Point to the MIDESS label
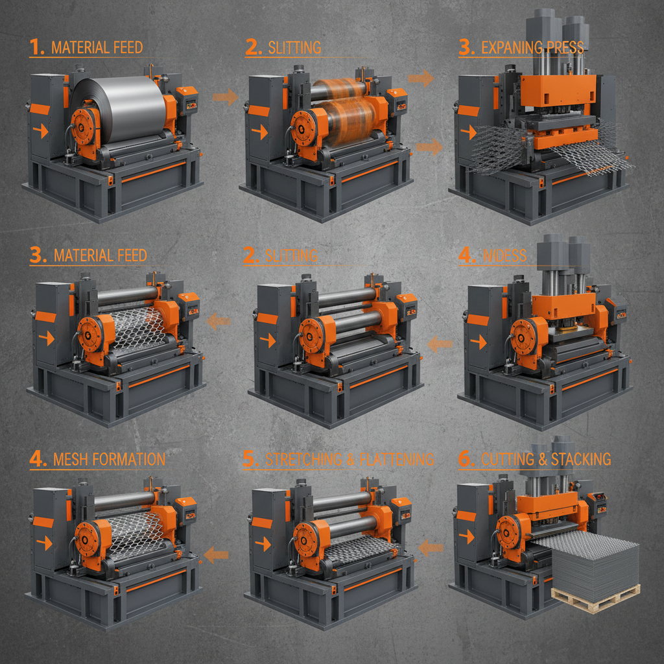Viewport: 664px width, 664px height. (504, 255)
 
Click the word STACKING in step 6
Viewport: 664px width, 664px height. (579, 460)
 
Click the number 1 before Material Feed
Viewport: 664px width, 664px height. (37, 47)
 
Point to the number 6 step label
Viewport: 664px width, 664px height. (466, 460)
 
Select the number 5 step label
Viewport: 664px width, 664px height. (250, 460)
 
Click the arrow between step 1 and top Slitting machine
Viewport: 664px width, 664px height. (225, 98)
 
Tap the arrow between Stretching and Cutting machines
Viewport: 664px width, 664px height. (431, 549)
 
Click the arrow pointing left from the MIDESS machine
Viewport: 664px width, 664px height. (440, 344)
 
